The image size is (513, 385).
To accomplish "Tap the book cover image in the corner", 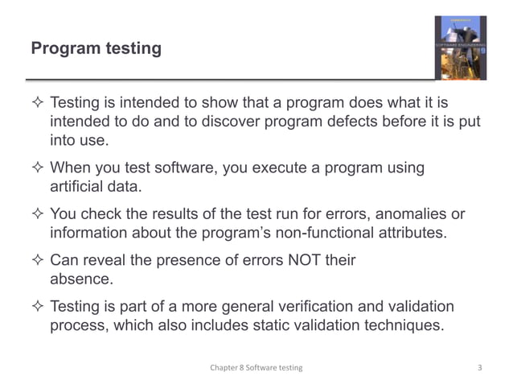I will coord(460,48).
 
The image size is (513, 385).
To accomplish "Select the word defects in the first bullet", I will coord(348,122).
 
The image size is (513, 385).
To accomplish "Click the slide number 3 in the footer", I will coord(479,367).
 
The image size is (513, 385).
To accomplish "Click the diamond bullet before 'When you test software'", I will coord(38,169).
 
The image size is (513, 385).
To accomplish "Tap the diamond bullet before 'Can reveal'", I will coord(38,262).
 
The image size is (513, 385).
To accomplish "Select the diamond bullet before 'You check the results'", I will coord(38,216).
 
